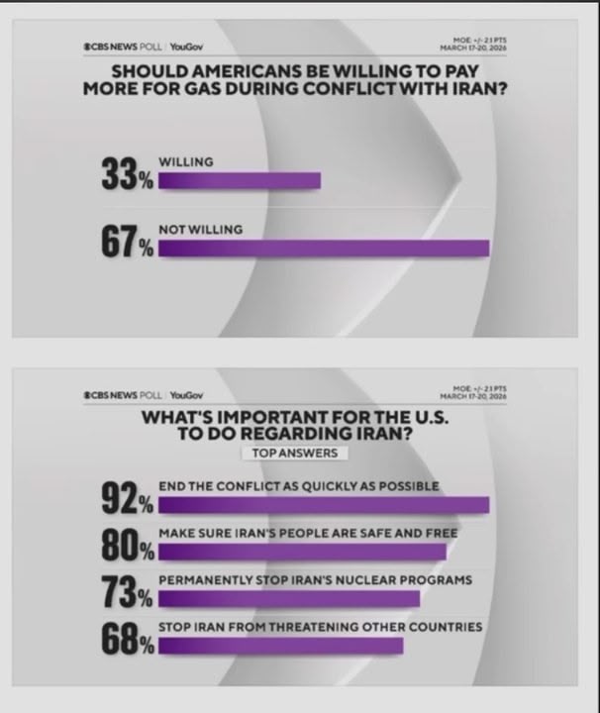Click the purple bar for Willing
point(240,181)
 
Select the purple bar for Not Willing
point(324,249)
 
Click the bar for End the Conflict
point(324,505)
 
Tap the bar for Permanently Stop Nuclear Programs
point(289,599)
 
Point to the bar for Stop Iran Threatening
point(281,646)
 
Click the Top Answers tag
point(289,453)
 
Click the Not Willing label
point(201,230)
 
